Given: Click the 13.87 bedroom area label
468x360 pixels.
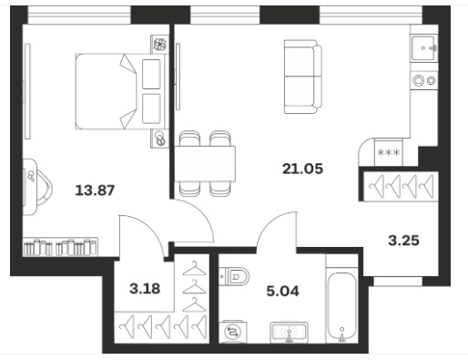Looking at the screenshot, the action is pos(95,190).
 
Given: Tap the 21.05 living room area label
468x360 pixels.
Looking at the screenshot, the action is pos(302,169).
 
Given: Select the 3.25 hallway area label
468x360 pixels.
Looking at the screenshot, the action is pos(403,241).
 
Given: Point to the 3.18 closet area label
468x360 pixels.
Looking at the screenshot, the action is pos(145,289).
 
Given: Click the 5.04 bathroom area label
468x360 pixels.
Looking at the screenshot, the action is pos(282,291).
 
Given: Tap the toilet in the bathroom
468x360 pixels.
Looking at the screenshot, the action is pos(234,276).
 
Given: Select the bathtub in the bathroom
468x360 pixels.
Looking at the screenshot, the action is pos(342,307).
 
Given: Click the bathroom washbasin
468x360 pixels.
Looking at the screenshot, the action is pos(289,332).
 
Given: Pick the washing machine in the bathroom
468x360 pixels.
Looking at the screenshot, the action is pos(233,332).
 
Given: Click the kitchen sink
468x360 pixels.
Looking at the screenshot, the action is pos(424,48).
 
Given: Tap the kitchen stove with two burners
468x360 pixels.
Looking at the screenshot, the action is pos(424,80).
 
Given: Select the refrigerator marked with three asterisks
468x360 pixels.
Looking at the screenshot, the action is pos(389,152).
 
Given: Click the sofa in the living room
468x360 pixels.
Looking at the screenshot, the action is pos(302,77).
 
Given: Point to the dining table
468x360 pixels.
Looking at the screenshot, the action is pos(205,164).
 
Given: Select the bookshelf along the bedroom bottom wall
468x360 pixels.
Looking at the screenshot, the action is pos(60,247).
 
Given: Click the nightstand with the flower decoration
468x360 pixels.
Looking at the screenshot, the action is pos(159,45).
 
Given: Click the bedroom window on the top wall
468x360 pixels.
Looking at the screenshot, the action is pos(79,15).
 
